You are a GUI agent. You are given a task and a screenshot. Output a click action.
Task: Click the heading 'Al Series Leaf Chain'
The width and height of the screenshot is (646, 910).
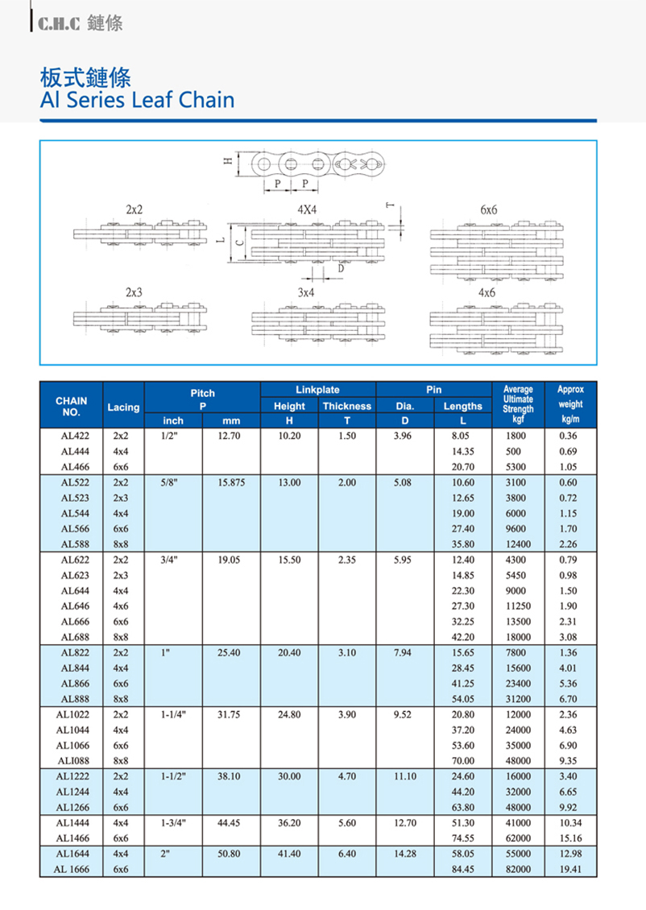(137, 100)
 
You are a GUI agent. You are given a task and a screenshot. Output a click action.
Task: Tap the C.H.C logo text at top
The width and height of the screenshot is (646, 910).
(55, 24)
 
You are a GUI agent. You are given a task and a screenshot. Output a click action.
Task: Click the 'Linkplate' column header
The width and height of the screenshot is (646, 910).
(317, 390)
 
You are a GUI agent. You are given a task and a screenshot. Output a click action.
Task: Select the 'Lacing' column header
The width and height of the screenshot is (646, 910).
(123, 407)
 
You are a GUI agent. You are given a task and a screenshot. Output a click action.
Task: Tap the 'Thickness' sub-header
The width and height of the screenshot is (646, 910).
(346, 406)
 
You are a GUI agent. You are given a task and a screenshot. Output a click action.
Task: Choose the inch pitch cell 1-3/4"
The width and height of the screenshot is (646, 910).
(173, 823)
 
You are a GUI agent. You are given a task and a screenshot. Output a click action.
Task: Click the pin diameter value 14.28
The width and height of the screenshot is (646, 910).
(404, 854)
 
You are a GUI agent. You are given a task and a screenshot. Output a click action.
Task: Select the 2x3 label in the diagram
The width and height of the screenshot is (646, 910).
(134, 292)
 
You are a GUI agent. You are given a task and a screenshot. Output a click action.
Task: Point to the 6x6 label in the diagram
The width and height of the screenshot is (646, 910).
(488, 209)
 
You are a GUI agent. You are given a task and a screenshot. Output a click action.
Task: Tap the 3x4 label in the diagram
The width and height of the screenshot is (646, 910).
(305, 293)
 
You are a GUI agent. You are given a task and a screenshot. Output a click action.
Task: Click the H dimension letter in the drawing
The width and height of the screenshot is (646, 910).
(228, 162)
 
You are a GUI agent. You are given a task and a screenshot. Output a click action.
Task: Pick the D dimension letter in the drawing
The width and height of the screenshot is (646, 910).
(341, 269)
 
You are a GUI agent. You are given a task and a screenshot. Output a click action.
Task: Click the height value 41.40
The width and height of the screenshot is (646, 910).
(288, 854)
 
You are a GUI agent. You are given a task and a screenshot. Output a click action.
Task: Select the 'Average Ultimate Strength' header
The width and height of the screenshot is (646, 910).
(517, 399)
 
